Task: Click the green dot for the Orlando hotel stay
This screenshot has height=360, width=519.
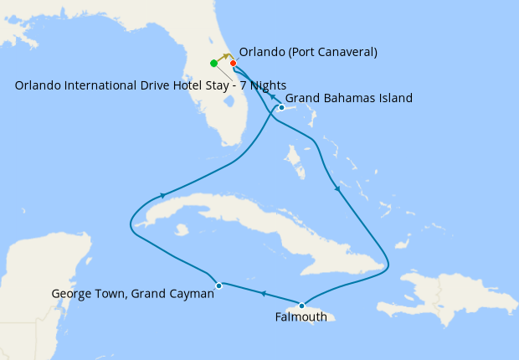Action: click(x=214, y=63)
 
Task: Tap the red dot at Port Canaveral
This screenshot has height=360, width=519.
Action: click(x=234, y=63)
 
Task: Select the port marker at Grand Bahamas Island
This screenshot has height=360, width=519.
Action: click(x=282, y=107)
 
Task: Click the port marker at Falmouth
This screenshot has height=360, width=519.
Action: click(x=301, y=306)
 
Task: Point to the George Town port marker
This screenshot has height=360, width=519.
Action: click(x=218, y=285)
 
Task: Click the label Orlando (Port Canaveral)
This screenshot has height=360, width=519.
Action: click(x=308, y=52)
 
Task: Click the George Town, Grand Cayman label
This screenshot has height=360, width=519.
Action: click(x=132, y=294)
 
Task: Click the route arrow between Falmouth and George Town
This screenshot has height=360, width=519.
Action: click(x=263, y=294)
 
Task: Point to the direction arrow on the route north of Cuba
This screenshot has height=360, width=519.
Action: click(x=162, y=196)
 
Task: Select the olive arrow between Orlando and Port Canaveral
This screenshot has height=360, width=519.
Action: click(x=226, y=56)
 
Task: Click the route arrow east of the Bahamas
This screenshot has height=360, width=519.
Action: click(x=337, y=188)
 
